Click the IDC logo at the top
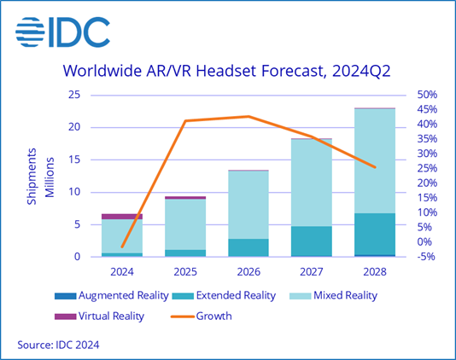tap(62, 32)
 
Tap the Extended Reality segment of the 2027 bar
tap(311, 241)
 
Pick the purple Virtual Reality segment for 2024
tap(122, 217)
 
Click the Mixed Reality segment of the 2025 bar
tap(185, 224)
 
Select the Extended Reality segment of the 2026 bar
tap(248, 247)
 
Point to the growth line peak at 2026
tap(248, 116)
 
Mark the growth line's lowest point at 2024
tap(122, 247)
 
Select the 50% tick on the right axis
tap(427, 95)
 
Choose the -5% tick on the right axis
tap(426, 257)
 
